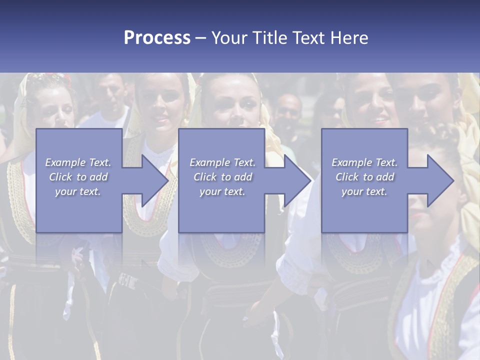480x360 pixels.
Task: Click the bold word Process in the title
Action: point(157,38)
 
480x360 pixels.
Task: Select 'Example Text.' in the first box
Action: point(78,162)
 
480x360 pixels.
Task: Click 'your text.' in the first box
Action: point(78,191)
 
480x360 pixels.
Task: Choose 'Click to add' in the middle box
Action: point(222,177)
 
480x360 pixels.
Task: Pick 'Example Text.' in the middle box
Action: point(222,162)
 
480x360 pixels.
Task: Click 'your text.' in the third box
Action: point(364,191)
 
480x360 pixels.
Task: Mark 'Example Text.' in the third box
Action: point(364,162)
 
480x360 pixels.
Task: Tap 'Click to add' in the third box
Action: point(364,177)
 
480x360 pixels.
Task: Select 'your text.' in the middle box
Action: point(222,191)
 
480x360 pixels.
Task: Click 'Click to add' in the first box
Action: point(78,177)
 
